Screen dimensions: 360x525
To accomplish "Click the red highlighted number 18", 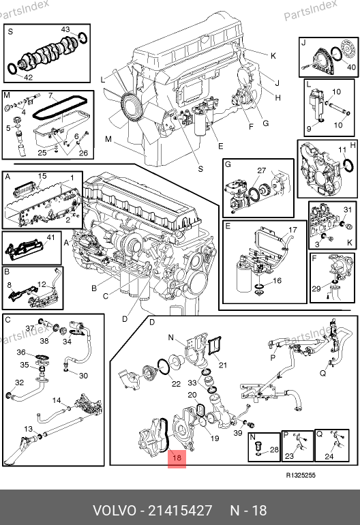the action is coord(177,457).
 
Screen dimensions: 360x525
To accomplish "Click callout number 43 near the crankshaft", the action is coord(65,29).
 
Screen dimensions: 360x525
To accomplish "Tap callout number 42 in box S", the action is coord(29,77).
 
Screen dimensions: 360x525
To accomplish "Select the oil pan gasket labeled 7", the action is coord(60,108).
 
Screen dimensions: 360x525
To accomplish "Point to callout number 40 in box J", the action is coord(351,67).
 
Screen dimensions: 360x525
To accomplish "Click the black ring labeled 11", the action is coord(348,166).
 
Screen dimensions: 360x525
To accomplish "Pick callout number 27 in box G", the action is coord(262,170).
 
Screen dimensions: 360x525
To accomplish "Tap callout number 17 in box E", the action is coord(292,230).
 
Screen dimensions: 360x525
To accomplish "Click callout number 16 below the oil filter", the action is coord(277,281).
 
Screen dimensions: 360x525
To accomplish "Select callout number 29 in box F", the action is coord(316,288).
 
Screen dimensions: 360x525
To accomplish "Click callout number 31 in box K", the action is coord(348,209).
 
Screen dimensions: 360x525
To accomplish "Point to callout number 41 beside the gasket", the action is coord(50,237).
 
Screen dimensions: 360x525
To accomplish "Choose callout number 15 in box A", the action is coord(42,176).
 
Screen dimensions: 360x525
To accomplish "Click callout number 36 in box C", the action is coord(21,352).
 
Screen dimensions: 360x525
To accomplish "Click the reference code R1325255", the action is coord(301,475).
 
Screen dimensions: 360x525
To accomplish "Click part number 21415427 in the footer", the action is coord(180,511).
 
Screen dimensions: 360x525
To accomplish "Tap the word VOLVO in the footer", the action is coord(115,511).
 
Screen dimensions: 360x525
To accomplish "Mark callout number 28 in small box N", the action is coord(274,450).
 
